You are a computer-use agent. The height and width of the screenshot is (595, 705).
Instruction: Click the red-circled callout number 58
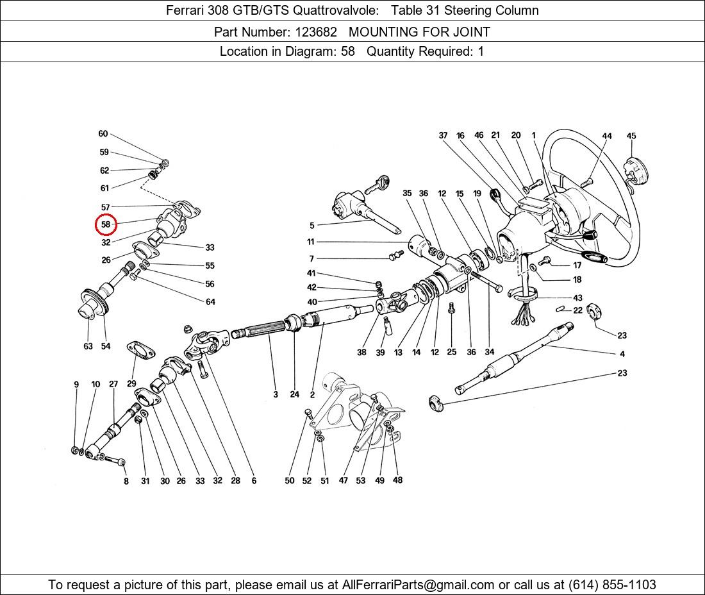click(106, 224)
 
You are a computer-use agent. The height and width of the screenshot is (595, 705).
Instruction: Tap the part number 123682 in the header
click(315, 32)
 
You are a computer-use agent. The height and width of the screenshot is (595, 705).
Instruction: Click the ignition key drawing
click(377, 184)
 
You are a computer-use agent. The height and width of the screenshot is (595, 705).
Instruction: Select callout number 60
click(103, 133)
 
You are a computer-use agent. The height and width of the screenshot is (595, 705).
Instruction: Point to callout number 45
click(631, 136)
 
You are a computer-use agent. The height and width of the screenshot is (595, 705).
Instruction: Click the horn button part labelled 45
click(635, 174)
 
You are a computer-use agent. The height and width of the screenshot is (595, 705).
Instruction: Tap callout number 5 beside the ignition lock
click(311, 225)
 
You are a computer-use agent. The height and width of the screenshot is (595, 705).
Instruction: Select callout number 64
click(210, 302)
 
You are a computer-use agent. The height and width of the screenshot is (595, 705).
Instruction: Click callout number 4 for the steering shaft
click(622, 354)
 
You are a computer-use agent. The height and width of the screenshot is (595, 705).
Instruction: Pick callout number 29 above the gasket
click(131, 383)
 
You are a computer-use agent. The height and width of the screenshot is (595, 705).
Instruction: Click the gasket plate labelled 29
click(140, 351)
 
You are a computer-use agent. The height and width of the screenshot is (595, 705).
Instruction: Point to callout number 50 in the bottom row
click(290, 480)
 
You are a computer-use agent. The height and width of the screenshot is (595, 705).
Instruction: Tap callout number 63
click(88, 346)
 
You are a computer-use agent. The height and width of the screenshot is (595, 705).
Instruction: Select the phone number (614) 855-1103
click(612, 585)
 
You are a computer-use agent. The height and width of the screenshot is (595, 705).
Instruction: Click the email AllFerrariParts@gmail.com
click(418, 585)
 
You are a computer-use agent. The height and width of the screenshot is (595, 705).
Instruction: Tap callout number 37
click(444, 135)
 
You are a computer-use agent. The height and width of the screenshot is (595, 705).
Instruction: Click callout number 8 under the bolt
click(126, 482)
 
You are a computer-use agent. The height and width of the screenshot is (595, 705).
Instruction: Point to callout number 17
click(577, 265)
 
